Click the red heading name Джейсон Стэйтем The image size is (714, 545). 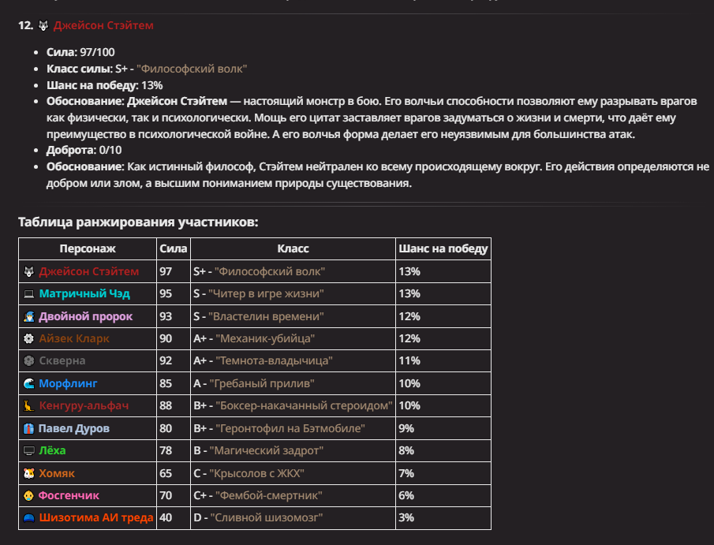click(103, 26)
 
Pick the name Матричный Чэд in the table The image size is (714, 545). click(84, 294)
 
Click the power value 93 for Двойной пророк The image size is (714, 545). click(166, 316)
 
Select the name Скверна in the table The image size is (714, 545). click(62, 361)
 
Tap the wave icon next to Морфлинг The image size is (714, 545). click(29, 384)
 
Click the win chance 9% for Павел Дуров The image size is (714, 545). click(407, 428)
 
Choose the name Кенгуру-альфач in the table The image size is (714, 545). click(84, 406)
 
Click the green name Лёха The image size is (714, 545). click(52, 450)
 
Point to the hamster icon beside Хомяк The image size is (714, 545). click(29, 473)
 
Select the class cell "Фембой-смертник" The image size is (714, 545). click(269, 495)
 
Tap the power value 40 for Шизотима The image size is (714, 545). click(166, 518)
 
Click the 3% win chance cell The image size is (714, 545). click(407, 518)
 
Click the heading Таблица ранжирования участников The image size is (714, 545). click(138, 222)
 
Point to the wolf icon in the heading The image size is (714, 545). click(43, 26)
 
